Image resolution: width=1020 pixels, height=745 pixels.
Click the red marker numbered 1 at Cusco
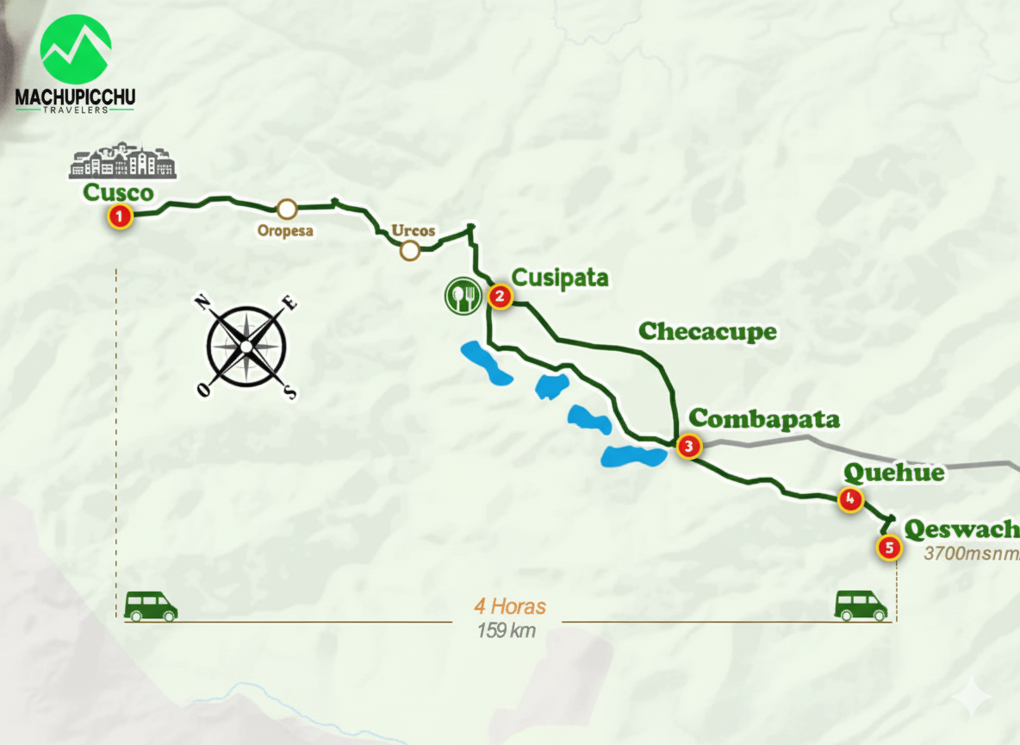[120, 216]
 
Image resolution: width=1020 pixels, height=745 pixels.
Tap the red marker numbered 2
[500, 297]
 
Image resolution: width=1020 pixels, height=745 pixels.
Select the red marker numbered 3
[688, 446]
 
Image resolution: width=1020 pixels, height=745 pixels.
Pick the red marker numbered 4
[850, 498]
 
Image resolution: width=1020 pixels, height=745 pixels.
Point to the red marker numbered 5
[888, 547]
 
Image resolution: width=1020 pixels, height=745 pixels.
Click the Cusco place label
[118, 192]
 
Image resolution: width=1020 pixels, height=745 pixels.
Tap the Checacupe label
[707, 331]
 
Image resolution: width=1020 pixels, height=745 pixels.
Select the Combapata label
[764, 419]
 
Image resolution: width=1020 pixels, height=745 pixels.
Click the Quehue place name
[893, 473]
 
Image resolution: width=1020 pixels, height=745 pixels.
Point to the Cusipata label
[560, 278]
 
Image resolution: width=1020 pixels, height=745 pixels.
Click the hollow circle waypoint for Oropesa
[287, 209]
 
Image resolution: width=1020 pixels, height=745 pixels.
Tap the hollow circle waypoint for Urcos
[410, 251]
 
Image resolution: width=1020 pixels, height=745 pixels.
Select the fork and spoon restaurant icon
[462, 297]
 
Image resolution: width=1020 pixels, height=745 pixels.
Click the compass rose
[246, 346]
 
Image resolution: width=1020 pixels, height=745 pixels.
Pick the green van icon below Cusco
[151, 606]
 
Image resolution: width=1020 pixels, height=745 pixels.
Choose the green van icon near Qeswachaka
[861, 605]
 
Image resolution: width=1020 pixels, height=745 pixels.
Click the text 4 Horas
[509, 607]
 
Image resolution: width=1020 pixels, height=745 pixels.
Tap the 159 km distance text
[507, 630]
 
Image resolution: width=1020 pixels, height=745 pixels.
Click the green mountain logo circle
[76, 49]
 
